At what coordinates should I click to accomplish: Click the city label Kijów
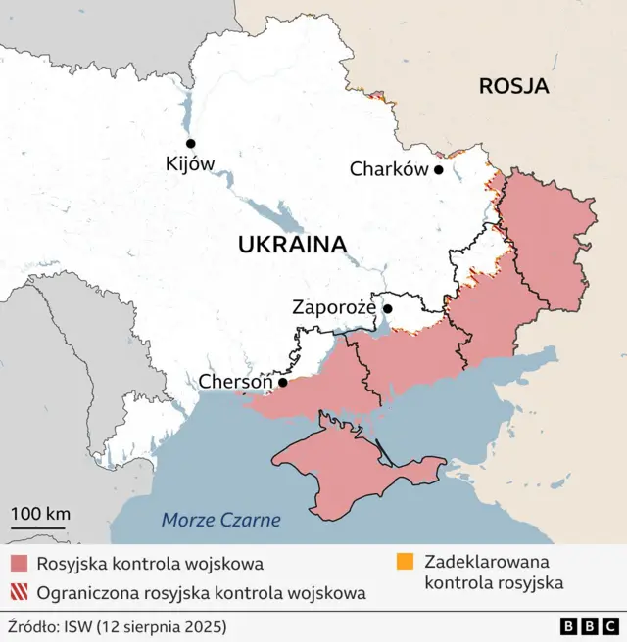click(190, 164)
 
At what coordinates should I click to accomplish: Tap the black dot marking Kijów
click(191, 143)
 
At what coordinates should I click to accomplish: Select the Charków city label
click(389, 169)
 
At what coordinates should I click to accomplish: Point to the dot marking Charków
click(439, 169)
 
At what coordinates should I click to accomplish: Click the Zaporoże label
click(334, 307)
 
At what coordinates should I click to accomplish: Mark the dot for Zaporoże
click(388, 309)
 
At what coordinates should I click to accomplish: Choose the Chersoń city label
click(235, 381)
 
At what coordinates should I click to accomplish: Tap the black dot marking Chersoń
click(283, 382)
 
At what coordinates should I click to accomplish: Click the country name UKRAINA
click(292, 245)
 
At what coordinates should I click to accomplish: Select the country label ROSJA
click(513, 86)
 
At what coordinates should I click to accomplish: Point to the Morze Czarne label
click(220, 520)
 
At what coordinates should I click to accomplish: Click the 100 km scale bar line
click(39, 528)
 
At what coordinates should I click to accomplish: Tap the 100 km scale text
click(40, 513)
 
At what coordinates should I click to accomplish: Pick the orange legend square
click(405, 562)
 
